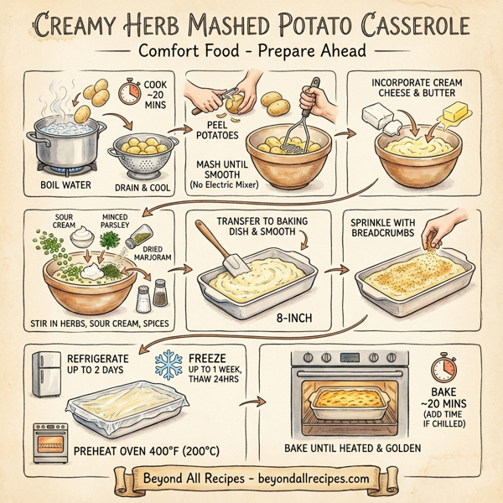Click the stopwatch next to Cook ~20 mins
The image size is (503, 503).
[131, 91]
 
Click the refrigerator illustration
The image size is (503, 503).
[45, 374]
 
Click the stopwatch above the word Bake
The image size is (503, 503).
[442, 370]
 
